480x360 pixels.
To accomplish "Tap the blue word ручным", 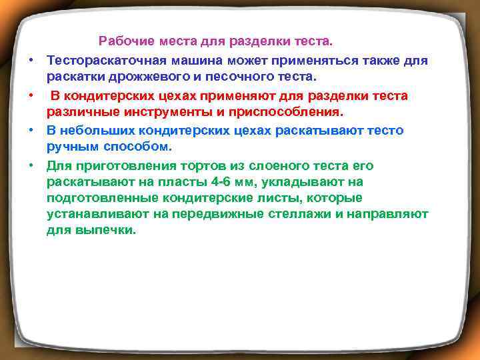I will tap(73, 147).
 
